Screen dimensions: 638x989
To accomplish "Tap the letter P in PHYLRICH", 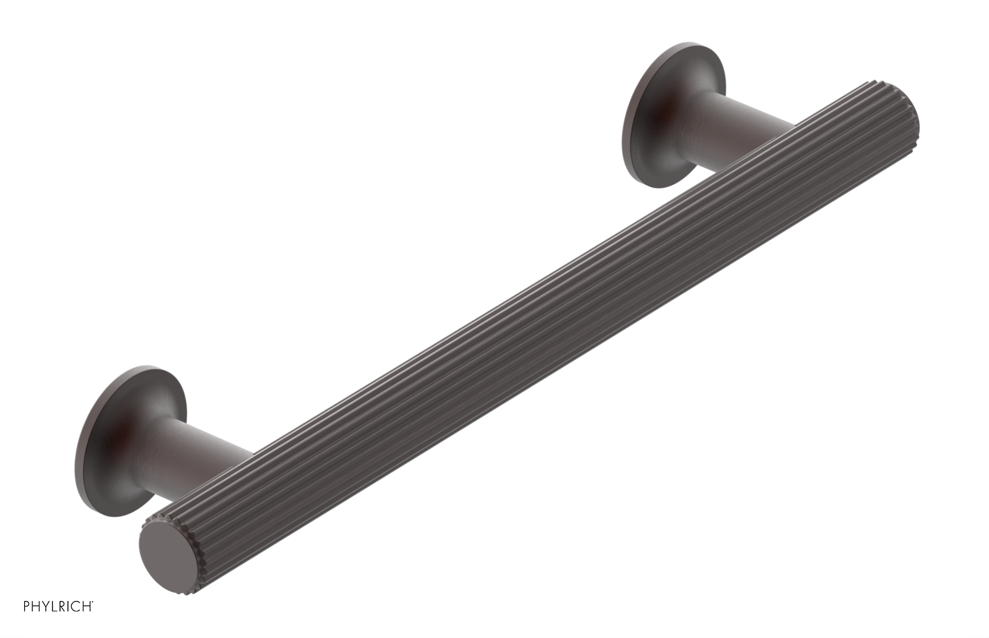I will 27,606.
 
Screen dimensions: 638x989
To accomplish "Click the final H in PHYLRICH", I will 87,606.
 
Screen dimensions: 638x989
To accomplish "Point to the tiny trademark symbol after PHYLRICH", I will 93,602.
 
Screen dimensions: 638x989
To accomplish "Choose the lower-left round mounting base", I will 105,427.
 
